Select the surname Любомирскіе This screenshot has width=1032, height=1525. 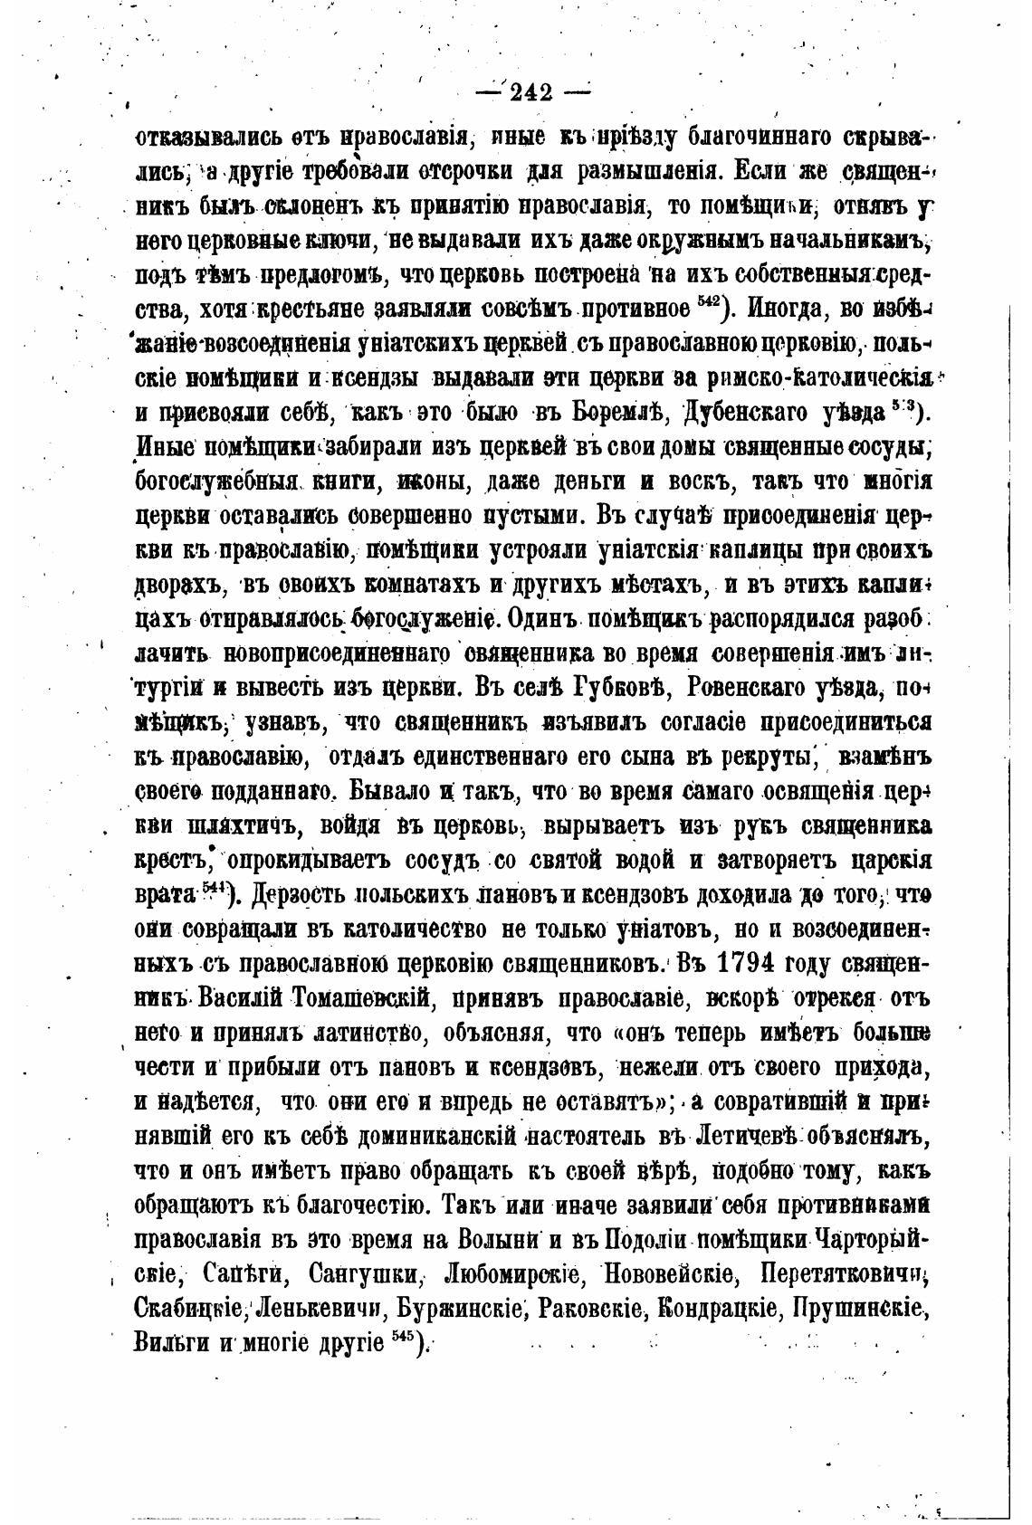(512, 1276)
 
